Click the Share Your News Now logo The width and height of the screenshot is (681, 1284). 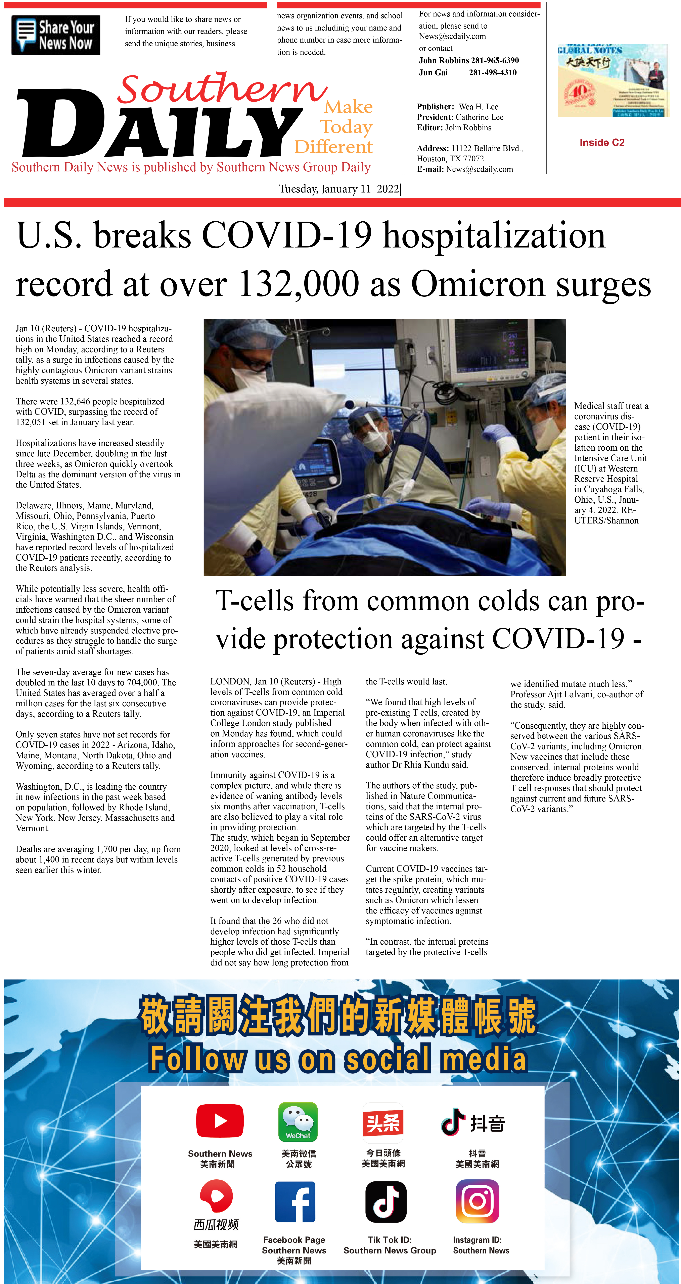click(x=56, y=35)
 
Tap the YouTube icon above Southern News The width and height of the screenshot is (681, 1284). click(x=220, y=1121)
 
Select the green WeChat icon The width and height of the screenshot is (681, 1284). click(x=298, y=1121)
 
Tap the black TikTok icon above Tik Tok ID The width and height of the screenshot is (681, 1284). click(x=386, y=1202)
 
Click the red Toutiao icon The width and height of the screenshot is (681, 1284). click(x=383, y=1123)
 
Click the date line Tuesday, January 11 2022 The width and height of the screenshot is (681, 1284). click(x=339, y=189)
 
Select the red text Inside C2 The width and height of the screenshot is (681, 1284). click(x=602, y=143)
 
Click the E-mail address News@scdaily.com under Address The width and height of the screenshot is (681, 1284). click(x=480, y=169)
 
